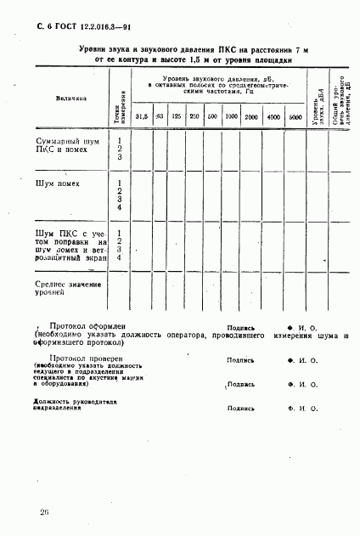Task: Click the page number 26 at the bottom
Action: click(x=43, y=511)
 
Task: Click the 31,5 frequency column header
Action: click(x=142, y=116)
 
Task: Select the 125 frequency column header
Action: click(x=177, y=116)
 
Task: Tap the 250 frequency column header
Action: click(x=194, y=116)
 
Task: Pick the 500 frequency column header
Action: click(x=212, y=116)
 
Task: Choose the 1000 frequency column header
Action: click(x=231, y=116)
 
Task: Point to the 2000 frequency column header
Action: click(x=251, y=116)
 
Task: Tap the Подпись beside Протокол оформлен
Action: click(x=240, y=326)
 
